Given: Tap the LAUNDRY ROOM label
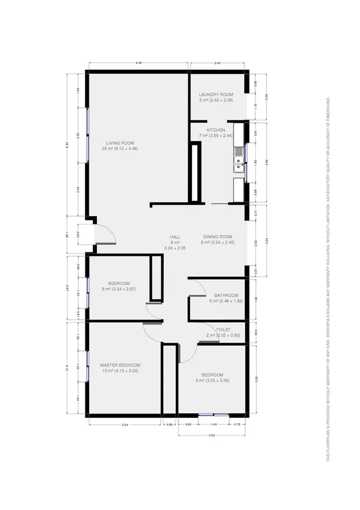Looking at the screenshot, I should click(x=216, y=95).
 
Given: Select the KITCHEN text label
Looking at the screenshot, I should click(x=216, y=130).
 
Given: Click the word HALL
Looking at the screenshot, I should click(x=175, y=237).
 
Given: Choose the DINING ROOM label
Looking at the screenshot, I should click(x=217, y=237).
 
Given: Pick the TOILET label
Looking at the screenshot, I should click(x=223, y=330).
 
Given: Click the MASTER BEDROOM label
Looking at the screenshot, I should click(x=120, y=365).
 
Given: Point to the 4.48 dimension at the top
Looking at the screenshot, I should click(x=138, y=63).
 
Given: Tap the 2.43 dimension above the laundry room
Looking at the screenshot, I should click(x=217, y=63).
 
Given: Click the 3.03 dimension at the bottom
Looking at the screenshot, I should click(x=213, y=434).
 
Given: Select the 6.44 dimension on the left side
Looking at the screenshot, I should click(x=68, y=143).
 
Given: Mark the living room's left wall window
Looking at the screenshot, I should click(x=88, y=134).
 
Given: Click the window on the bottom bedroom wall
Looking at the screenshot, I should click(x=214, y=414).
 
